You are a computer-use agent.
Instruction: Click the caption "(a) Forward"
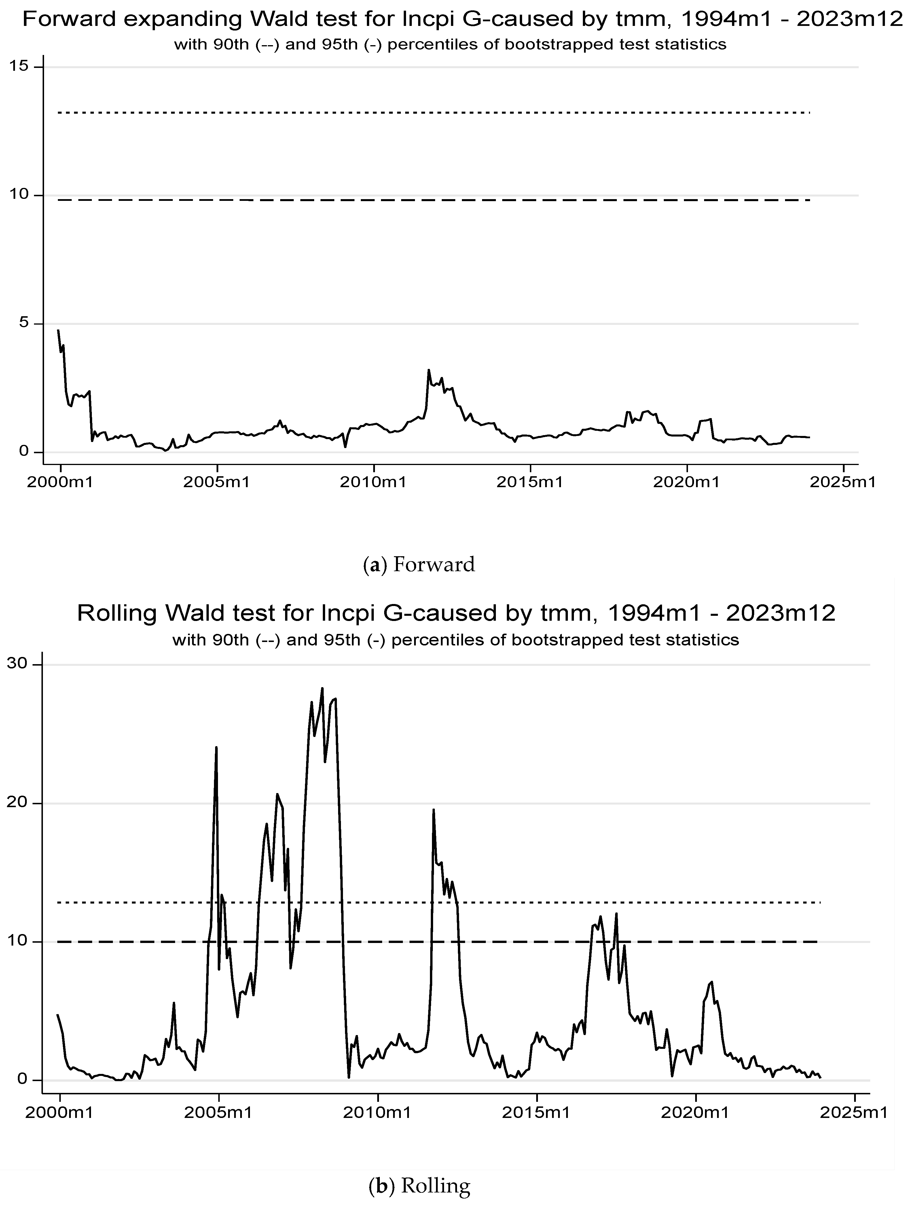419,564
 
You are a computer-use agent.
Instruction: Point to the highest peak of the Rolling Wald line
323,689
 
